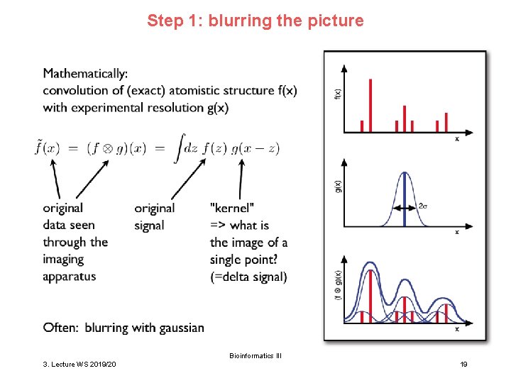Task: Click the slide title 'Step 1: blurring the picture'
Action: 255,21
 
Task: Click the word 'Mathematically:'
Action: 85,73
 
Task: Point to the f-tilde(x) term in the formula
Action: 50,148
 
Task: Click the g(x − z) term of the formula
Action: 255,148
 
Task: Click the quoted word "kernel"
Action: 232,208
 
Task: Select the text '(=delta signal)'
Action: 248,277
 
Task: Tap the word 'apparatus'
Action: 69,277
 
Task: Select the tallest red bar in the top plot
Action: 370,105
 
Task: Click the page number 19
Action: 463,364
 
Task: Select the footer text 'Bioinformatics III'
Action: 255,355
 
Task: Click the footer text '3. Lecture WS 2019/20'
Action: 80,364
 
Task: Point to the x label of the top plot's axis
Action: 456,139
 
